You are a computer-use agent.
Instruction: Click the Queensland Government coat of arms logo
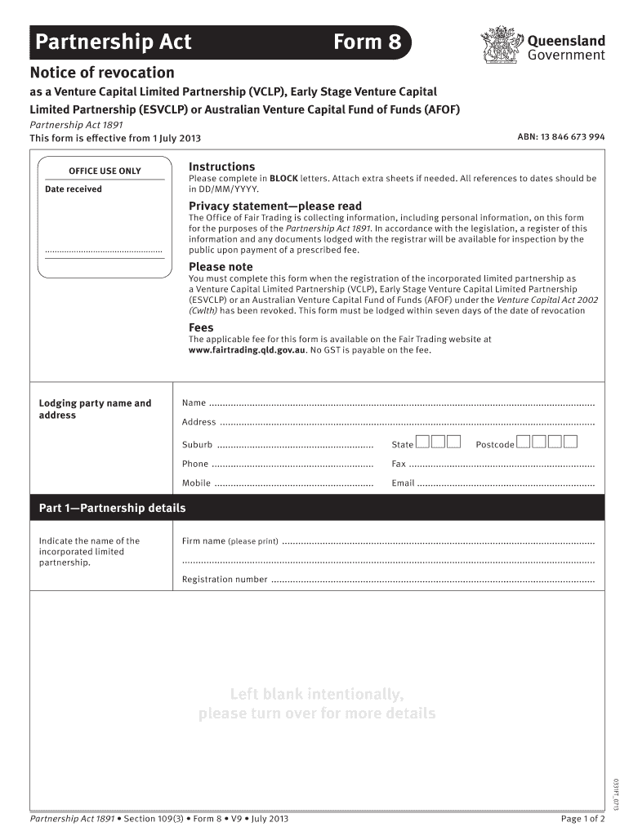pyautogui.click(x=501, y=45)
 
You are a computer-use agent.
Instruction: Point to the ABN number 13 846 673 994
pyautogui.click(x=560, y=137)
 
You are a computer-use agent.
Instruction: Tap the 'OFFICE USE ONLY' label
pyautogui.click(x=105, y=171)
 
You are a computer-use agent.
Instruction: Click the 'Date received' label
pyautogui.click(x=74, y=189)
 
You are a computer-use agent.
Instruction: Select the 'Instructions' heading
pyautogui.click(x=221, y=167)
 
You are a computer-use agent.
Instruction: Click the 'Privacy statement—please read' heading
pyautogui.click(x=274, y=206)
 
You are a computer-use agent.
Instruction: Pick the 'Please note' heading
pyautogui.click(x=221, y=267)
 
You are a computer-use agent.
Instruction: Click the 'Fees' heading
pyautogui.click(x=201, y=327)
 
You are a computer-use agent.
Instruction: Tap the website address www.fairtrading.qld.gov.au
pyautogui.click(x=248, y=350)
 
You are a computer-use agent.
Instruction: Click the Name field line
pyautogui.click(x=400, y=403)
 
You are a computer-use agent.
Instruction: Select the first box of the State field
pyautogui.click(x=422, y=443)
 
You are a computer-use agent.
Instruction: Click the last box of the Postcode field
pyautogui.click(x=570, y=443)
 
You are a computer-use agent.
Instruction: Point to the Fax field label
pyautogui.click(x=399, y=464)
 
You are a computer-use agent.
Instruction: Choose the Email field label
pyautogui.click(x=403, y=483)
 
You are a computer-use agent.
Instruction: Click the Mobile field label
pyautogui.click(x=196, y=483)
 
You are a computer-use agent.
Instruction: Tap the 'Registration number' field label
pyautogui.click(x=225, y=580)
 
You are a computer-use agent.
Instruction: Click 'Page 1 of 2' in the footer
pyautogui.click(x=582, y=819)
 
